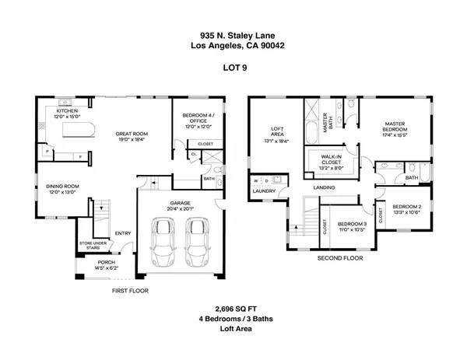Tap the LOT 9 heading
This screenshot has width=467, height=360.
233,68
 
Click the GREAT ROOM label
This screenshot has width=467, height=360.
132,134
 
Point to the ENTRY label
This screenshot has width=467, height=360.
123,232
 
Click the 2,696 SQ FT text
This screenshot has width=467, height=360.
233,308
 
